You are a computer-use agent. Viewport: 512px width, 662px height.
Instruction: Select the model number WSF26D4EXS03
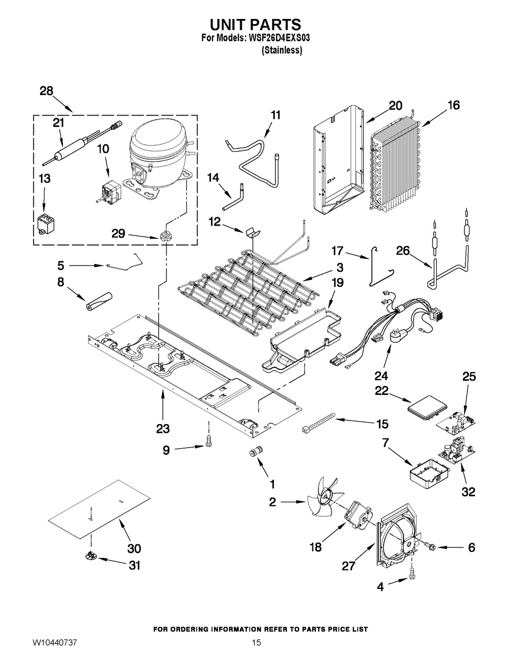click(x=280, y=38)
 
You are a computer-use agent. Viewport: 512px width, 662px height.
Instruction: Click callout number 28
click(x=46, y=91)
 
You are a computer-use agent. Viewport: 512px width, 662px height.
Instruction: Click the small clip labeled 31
click(x=90, y=556)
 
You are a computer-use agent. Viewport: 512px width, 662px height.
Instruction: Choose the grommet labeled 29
click(x=165, y=236)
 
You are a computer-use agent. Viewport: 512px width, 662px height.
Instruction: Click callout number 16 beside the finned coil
click(x=453, y=105)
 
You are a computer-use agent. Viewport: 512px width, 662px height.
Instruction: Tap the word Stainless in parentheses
click(x=282, y=51)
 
